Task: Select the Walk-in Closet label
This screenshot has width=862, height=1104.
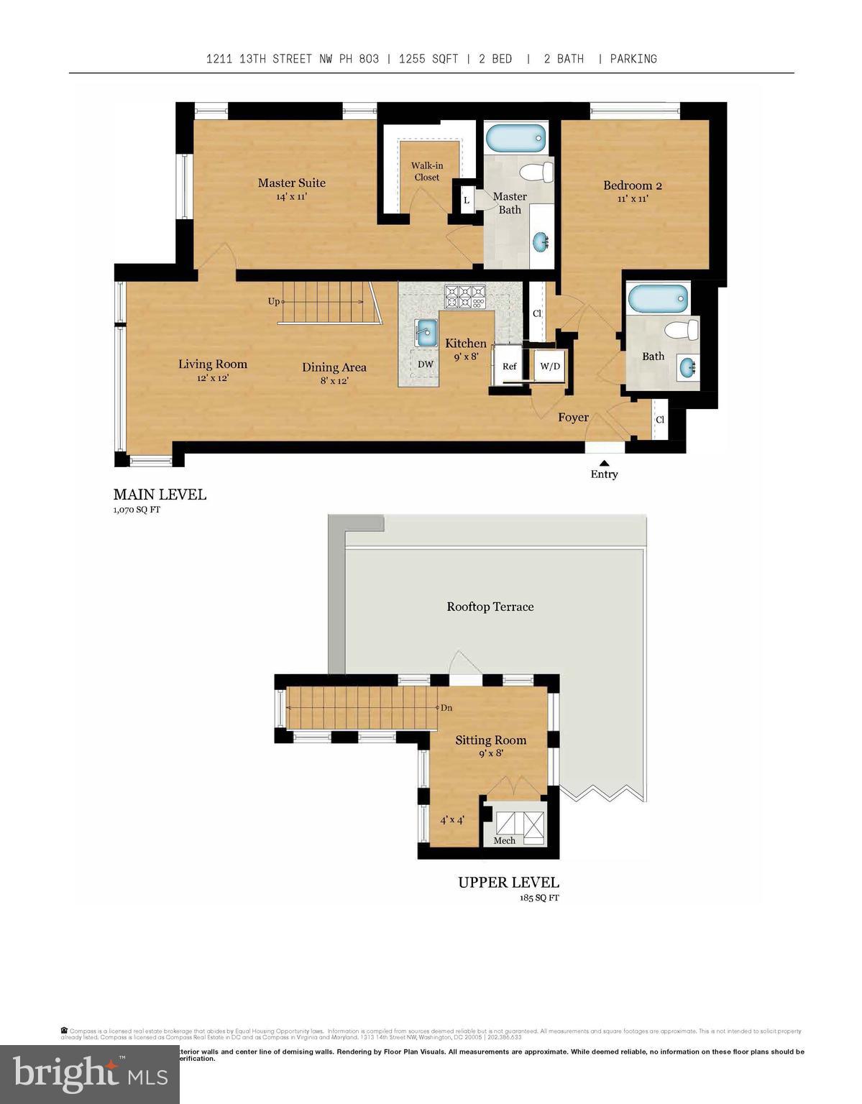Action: pos(427,171)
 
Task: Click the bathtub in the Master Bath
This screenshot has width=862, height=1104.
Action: pos(515,137)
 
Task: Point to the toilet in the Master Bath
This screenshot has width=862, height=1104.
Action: pos(537,172)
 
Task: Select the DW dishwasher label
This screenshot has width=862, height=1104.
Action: pos(426,364)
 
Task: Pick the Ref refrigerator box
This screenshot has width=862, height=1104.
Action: pos(509,367)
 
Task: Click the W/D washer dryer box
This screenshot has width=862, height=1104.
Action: pos(550,367)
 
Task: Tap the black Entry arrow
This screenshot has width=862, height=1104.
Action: pos(604,464)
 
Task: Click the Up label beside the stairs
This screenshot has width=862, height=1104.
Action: pos(273,301)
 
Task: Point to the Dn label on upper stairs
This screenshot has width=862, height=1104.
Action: pos(446,707)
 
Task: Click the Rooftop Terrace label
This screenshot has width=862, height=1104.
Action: pos(490,607)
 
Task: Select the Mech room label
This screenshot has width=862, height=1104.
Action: pos(504,840)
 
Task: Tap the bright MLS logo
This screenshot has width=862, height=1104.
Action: pos(89,1074)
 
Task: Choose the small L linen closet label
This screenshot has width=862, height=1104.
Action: pos(466,201)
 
